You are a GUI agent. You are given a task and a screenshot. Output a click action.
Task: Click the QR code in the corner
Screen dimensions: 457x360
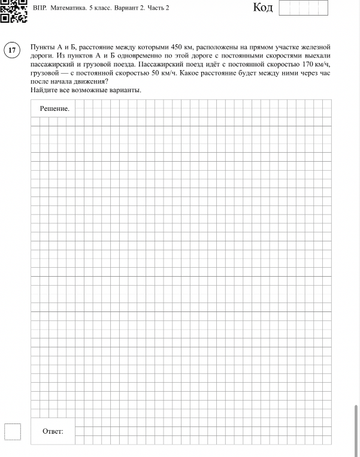pyautogui.click(x=13, y=10)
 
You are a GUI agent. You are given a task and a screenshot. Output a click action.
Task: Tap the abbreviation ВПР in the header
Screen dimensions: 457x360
pyautogui.click(x=40, y=8)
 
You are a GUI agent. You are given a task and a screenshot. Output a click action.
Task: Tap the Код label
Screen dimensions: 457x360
pyautogui.click(x=264, y=8)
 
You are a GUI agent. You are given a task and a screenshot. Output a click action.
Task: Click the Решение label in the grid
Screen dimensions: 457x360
pyautogui.click(x=55, y=109)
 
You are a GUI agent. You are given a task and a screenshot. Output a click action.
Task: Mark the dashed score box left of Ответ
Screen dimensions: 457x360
pyautogui.click(x=12, y=432)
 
